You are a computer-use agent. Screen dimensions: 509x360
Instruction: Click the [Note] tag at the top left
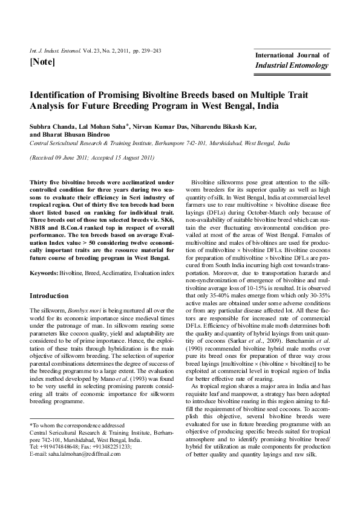pyautogui.click(x=42, y=62)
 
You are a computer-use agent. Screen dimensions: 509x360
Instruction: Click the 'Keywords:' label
pyautogui.click(x=44, y=274)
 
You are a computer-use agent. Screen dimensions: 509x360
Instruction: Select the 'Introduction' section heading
pyautogui.click(x=50, y=296)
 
